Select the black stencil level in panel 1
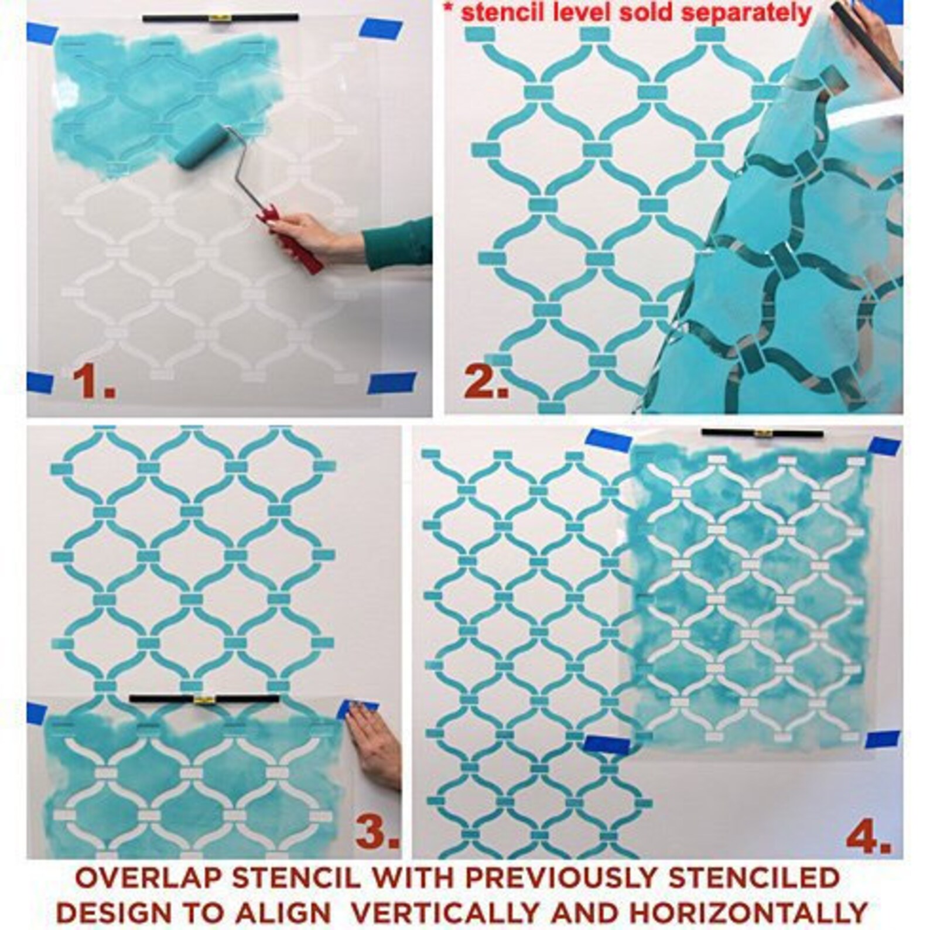pyautogui.click(x=221, y=19)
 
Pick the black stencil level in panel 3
pyautogui.click(x=204, y=698)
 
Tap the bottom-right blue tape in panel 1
pyautogui.click(x=391, y=382)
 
